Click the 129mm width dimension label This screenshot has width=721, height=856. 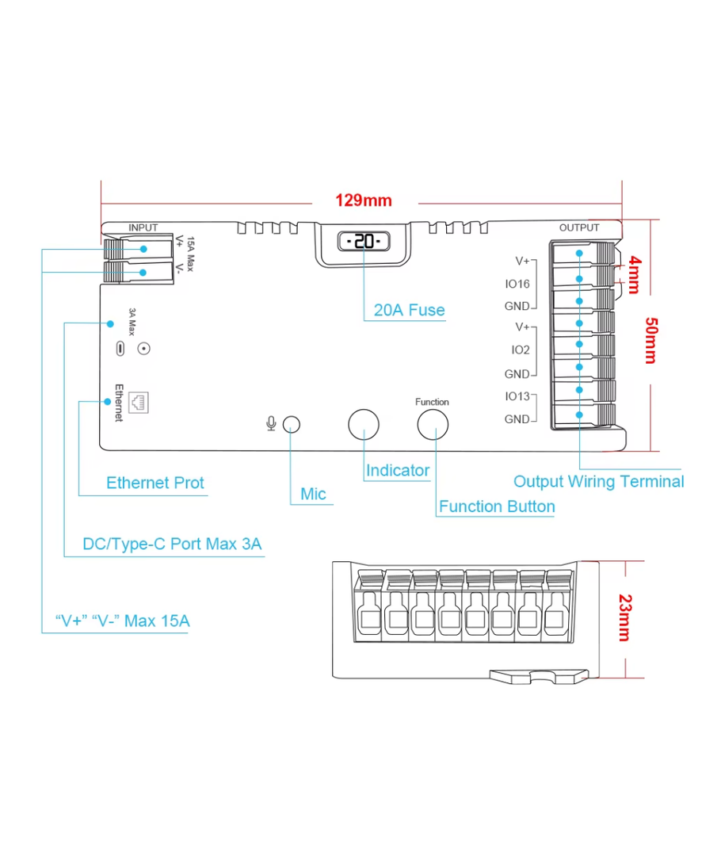click(x=363, y=200)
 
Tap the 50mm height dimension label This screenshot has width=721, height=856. click(x=650, y=339)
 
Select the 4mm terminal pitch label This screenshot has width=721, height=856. click(x=633, y=273)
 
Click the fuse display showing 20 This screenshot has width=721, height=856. click(x=364, y=242)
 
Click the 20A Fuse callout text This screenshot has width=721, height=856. click(x=409, y=310)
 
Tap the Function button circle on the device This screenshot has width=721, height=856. click(x=433, y=424)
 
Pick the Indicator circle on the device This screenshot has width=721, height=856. click(x=364, y=424)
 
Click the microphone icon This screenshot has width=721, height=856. click(x=271, y=423)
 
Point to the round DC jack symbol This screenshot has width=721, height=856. click(x=143, y=348)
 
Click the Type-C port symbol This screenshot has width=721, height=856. click(x=119, y=348)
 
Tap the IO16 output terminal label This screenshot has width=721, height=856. click(x=517, y=283)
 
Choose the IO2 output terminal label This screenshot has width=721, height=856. click(x=520, y=350)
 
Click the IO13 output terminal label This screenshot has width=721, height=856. click(x=517, y=396)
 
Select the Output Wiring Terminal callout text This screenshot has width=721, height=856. click(x=598, y=481)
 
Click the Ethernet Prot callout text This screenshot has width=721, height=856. click(x=155, y=483)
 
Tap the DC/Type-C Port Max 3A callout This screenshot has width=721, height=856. click(x=172, y=545)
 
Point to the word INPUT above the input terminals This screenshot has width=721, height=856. click(x=143, y=227)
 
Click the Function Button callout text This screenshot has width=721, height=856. click(x=497, y=506)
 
